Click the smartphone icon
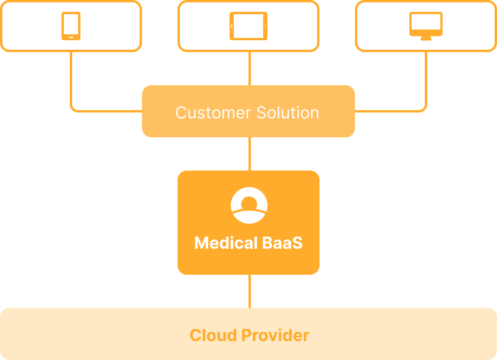tap(71, 26)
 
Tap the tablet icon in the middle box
tap(248, 26)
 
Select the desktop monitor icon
tap(426, 25)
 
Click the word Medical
tap(226, 243)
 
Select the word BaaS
tap(282, 243)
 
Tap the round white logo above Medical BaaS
tap(248, 205)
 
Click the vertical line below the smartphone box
tap(71, 77)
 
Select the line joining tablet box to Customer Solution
tap(249, 68)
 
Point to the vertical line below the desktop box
tap(426, 77)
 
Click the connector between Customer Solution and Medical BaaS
tap(249, 154)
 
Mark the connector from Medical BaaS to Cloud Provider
tap(249, 291)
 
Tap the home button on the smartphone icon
tap(71, 37)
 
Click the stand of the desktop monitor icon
tap(426, 38)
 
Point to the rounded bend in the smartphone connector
tap(73, 109)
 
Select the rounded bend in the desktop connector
tap(424, 109)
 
